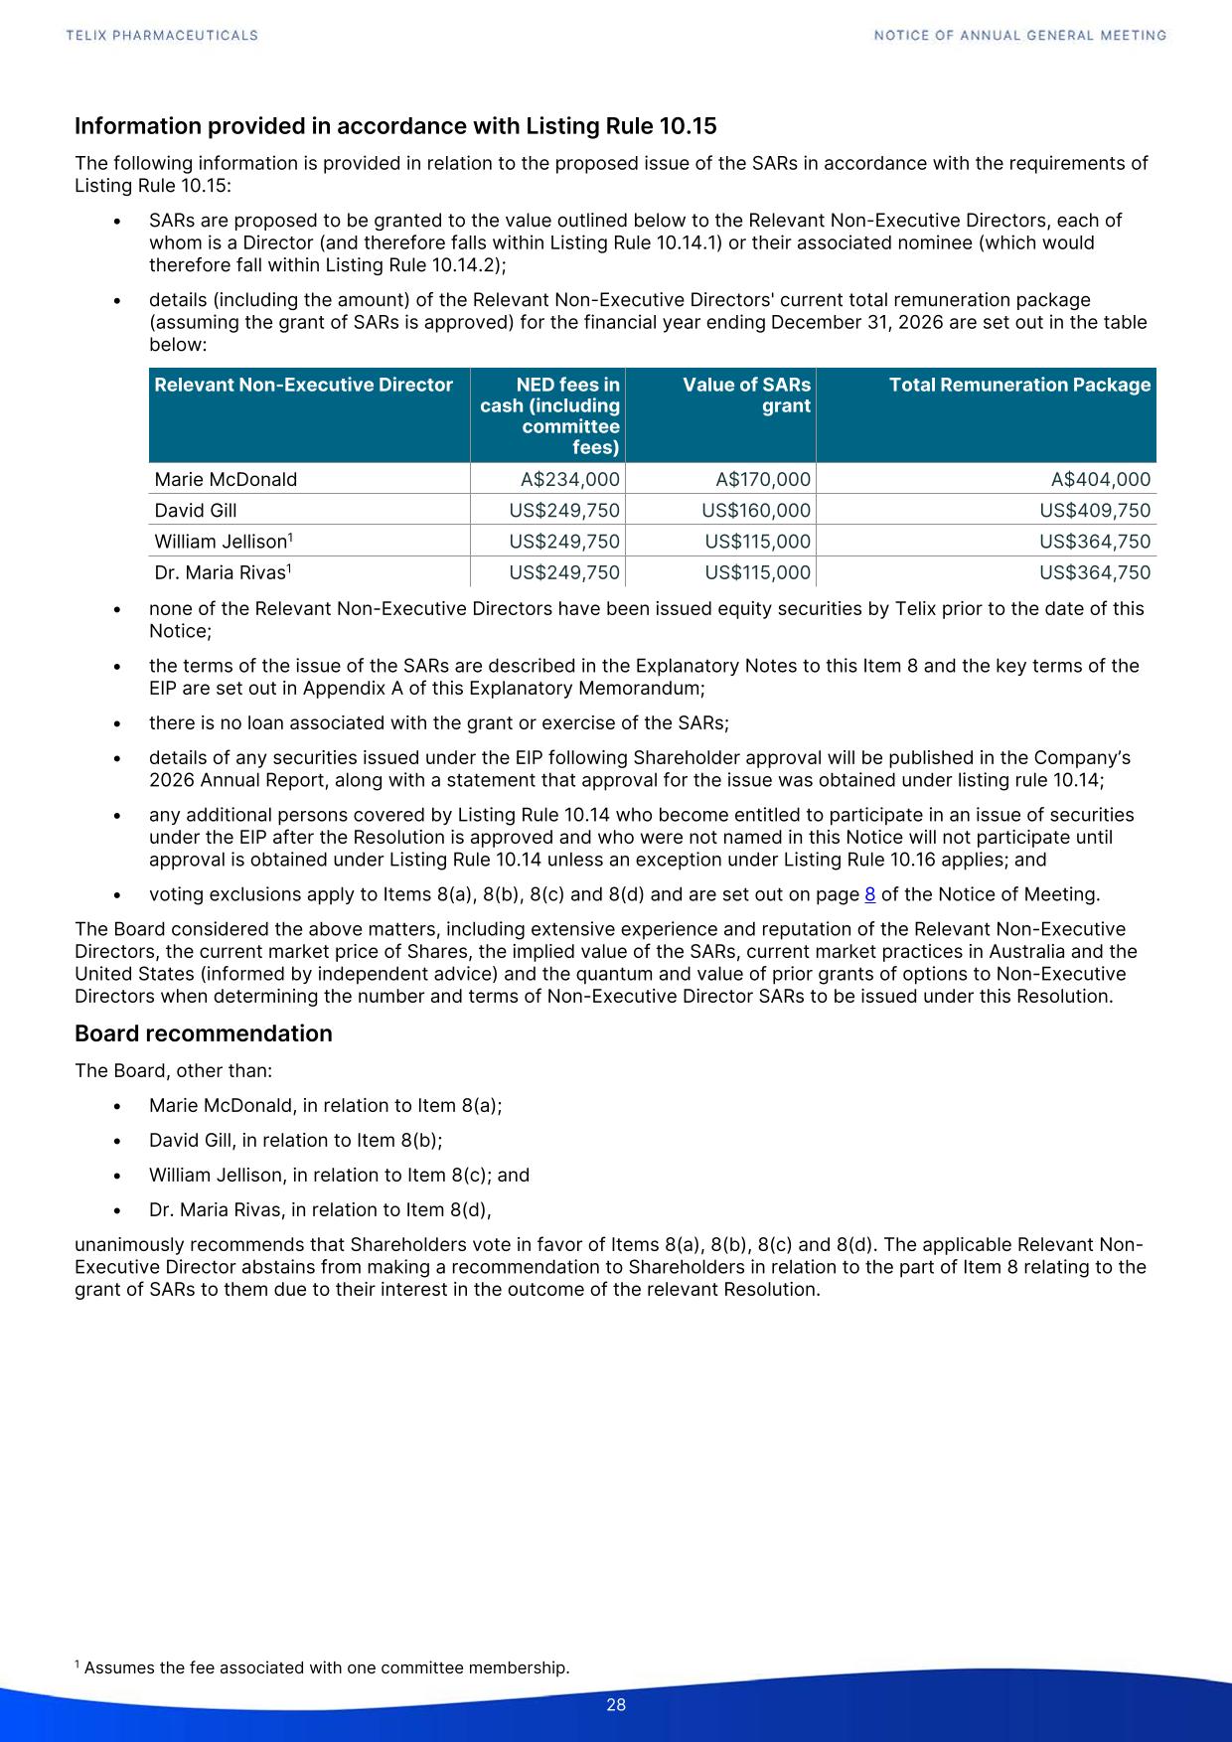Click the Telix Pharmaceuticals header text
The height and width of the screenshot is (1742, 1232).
pos(162,35)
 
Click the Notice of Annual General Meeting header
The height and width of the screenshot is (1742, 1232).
pos(1020,35)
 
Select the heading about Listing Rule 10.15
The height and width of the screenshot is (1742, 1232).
pos(395,126)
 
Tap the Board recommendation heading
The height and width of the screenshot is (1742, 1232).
pos(204,1033)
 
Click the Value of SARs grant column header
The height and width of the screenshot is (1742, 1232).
pos(746,395)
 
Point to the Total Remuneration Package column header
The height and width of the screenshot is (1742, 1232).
pos(1019,385)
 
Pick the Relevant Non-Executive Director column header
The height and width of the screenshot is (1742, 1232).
pos(303,385)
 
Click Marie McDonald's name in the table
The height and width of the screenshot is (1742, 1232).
pos(226,479)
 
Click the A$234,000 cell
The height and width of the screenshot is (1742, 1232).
pos(569,479)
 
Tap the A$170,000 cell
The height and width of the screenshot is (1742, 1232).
pos(763,479)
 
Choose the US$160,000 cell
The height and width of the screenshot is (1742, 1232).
pos(756,511)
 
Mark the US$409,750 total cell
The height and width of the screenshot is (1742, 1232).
pos(1095,511)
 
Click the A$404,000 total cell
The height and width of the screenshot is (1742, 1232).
pos(1101,479)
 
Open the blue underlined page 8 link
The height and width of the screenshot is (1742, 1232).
pos(870,894)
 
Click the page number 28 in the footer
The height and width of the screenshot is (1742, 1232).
pos(616,1705)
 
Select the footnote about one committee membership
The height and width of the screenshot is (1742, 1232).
pos(323,1667)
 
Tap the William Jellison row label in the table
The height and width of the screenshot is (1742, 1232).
pos(221,543)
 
